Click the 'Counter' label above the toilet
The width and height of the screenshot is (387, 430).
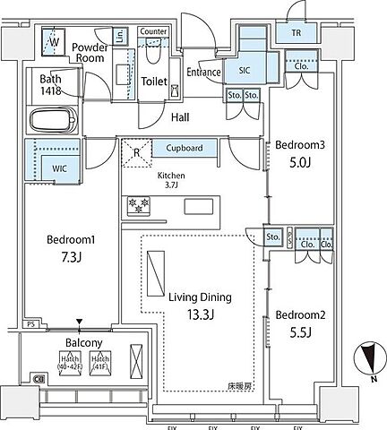[x=154, y=31]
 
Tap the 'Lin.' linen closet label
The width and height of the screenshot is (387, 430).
[x=120, y=36]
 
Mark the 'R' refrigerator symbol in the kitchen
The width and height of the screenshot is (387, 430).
[x=137, y=153]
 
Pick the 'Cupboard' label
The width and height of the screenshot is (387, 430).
[x=183, y=149]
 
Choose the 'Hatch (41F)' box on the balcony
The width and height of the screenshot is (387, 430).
[x=100, y=362]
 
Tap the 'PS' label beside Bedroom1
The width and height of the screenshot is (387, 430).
[x=30, y=324]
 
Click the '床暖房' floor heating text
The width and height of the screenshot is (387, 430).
[x=238, y=386]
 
